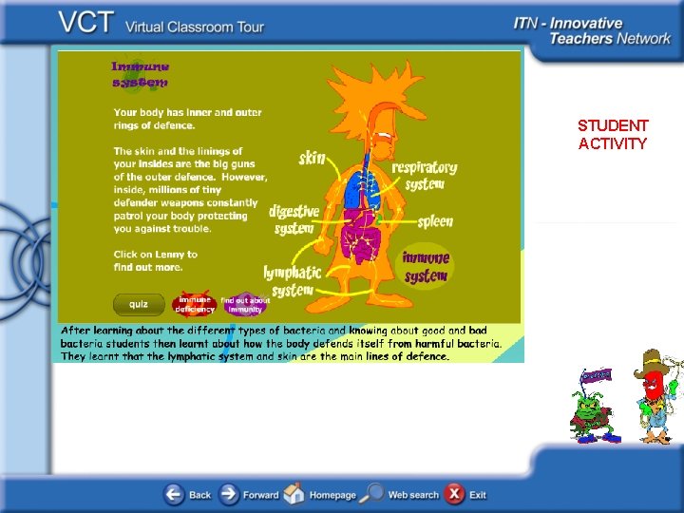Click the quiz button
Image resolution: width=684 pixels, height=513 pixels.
point(139,304)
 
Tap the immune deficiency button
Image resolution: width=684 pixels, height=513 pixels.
point(195,304)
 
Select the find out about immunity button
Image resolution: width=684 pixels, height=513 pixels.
point(245,304)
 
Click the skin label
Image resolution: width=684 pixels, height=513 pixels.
point(313,157)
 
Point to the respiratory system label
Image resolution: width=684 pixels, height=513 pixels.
point(424,175)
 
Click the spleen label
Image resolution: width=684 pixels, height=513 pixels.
point(435,221)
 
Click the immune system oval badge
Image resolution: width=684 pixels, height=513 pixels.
point(426,266)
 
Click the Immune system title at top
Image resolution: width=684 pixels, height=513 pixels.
point(141,74)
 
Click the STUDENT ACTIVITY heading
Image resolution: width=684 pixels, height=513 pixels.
point(613,134)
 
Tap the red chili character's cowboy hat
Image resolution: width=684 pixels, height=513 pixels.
point(653,362)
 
